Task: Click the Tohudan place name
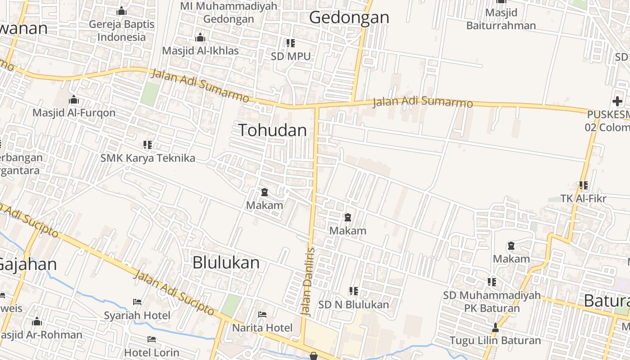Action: [x=273, y=130]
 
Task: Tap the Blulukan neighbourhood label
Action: [x=226, y=263]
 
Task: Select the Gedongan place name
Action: [x=349, y=18]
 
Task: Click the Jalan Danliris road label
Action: [x=307, y=281]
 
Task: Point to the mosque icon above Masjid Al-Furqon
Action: [x=74, y=100]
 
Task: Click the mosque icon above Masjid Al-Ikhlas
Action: [x=200, y=37]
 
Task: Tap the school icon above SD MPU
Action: [x=291, y=43]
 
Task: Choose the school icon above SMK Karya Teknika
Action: [x=148, y=145]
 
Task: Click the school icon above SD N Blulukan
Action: [x=354, y=292]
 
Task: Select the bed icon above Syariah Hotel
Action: [x=137, y=302]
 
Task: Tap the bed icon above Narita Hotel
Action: [x=262, y=315]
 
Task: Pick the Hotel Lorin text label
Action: [x=152, y=352]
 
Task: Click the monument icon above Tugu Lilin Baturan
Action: [x=495, y=328]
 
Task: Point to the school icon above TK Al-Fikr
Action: [x=584, y=185]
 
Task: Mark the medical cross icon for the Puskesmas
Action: [x=617, y=101]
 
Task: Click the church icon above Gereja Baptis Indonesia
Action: [x=121, y=11]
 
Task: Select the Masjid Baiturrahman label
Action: [x=501, y=19]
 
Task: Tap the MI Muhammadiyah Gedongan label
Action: [x=229, y=13]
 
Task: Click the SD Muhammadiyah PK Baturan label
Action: [x=492, y=302]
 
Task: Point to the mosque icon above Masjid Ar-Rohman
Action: [x=37, y=322]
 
